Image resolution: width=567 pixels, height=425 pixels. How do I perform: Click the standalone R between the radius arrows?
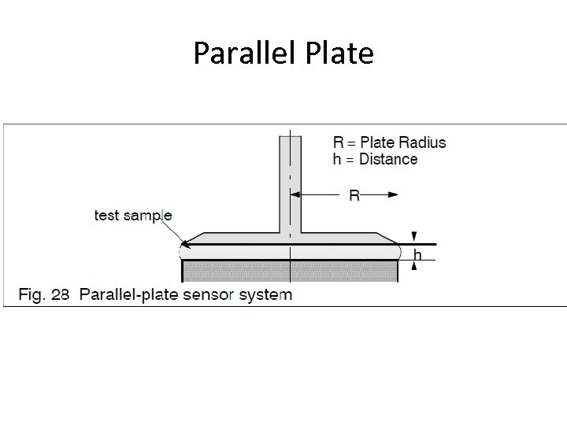[354, 194]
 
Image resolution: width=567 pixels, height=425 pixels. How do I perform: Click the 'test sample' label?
[133, 215]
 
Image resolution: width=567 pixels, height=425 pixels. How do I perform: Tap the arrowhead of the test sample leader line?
[183, 245]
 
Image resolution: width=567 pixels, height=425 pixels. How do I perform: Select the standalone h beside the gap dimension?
[417, 254]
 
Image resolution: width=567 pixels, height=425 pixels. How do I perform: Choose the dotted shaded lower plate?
[290, 271]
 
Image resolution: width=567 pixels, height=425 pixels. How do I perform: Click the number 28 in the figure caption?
[61, 295]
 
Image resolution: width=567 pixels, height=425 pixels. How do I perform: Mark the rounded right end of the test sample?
[403, 253]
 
